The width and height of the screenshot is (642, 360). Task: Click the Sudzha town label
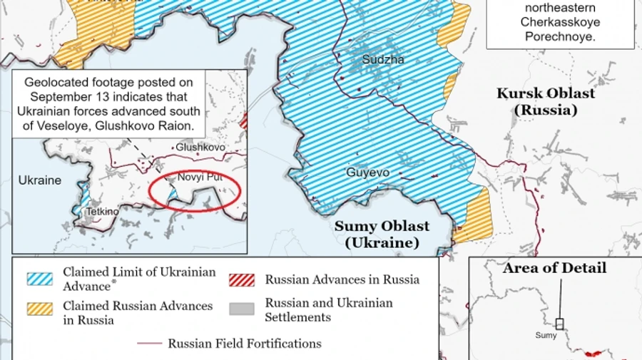pyautogui.click(x=382, y=60)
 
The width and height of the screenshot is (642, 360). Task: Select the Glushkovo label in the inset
pyautogui.click(x=200, y=147)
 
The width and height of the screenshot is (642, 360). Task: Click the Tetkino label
pyautogui.click(x=103, y=212)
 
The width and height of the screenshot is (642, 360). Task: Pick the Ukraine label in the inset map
pyautogui.click(x=40, y=180)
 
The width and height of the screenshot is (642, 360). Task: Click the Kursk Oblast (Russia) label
pyautogui.click(x=545, y=102)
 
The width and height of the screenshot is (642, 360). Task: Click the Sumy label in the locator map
pyautogui.click(x=546, y=335)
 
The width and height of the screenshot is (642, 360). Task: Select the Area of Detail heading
pyautogui.click(x=554, y=268)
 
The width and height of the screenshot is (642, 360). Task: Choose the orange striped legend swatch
pyautogui.click(x=40, y=309)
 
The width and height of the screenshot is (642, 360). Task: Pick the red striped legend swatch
pyautogui.click(x=242, y=279)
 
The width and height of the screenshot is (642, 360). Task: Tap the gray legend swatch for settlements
pyautogui.click(x=242, y=309)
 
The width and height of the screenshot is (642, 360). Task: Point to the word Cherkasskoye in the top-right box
pyautogui.click(x=559, y=22)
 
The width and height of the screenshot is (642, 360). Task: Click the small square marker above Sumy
pyautogui.click(x=560, y=324)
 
